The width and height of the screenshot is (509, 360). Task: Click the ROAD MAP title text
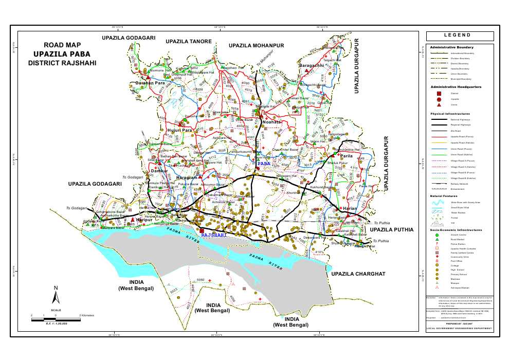(x=63, y=45)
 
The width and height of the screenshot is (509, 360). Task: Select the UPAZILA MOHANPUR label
(x=257, y=46)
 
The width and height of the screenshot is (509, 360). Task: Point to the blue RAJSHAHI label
(x=213, y=235)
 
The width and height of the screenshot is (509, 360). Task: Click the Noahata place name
(x=271, y=122)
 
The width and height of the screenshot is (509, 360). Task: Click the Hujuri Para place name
(x=180, y=131)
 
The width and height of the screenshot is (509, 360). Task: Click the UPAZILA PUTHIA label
(x=391, y=230)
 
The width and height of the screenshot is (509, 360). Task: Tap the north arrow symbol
(x=56, y=296)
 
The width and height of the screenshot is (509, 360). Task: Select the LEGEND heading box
(x=460, y=35)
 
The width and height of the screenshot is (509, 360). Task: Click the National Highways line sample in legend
(x=440, y=119)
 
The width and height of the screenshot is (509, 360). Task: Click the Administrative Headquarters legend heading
(x=456, y=87)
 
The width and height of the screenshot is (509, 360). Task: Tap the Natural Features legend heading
(x=444, y=196)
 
